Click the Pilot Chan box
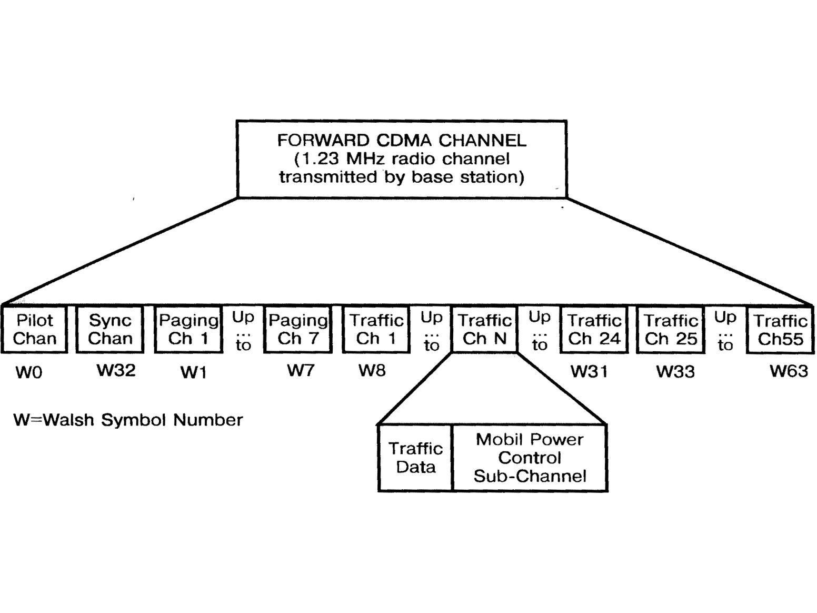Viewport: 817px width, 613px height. [x=35, y=330]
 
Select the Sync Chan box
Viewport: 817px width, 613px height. [x=109, y=330]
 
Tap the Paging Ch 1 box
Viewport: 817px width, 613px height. [x=188, y=330]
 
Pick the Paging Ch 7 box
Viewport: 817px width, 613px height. [x=298, y=330]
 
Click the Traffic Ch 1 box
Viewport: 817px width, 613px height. [x=376, y=330]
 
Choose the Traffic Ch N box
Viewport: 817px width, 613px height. [x=484, y=330]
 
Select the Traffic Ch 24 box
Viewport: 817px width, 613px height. [x=594, y=330]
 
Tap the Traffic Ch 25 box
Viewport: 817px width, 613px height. [x=671, y=330]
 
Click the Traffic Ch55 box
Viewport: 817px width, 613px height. [x=780, y=330]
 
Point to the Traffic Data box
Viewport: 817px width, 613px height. [x=415, y=458]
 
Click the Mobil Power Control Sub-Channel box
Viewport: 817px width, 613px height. [x=530, y=458]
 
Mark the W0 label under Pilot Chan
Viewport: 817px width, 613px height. [x=28, y=372]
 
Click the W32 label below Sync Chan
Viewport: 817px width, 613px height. [x=116, y=370]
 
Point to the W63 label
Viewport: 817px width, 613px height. [x=789, y=371]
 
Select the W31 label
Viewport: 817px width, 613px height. [x=589, y=372]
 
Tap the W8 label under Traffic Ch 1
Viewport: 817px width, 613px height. [x=372, y=371]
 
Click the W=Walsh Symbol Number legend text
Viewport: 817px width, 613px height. [x=128, y=420]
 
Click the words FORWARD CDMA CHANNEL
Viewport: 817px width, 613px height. [x=402, y=141]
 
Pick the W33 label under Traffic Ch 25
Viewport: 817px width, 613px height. [x=675, y=372]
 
